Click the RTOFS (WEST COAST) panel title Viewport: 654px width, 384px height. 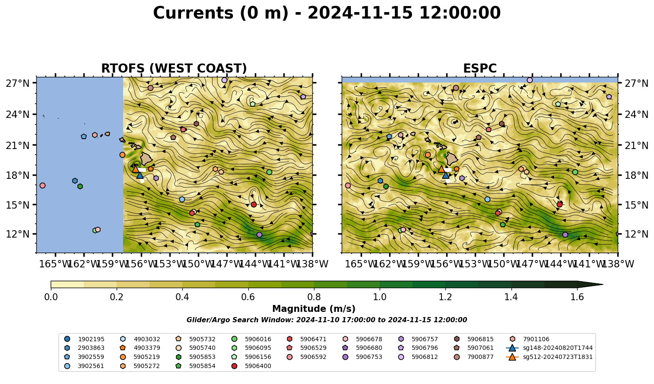coord(174,69)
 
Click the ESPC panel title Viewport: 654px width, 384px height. coord(479,69)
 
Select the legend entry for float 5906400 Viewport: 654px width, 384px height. coord(251,366)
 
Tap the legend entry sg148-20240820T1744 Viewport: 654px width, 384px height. coord(549,348)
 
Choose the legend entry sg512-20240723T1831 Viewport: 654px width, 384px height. coord(549,357)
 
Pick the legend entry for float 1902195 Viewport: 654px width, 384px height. coord(84,339)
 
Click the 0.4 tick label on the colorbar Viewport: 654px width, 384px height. coord(182,297)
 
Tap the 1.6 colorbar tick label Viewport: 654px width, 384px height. coord(577,297)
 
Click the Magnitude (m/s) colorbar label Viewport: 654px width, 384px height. coord(314,309)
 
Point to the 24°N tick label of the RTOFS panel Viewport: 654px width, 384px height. coord(18,114)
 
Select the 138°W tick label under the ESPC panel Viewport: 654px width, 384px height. coord(618,264)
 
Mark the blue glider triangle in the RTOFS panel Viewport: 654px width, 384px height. coord(140,175)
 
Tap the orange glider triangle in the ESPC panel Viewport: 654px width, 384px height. coord(441,169)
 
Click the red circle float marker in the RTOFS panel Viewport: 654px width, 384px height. coord(254,204)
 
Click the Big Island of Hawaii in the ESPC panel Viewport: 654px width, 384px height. coord(452,159)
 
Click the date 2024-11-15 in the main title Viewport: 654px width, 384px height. coord(360,13)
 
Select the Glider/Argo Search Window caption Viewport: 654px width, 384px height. coord(327,320)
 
